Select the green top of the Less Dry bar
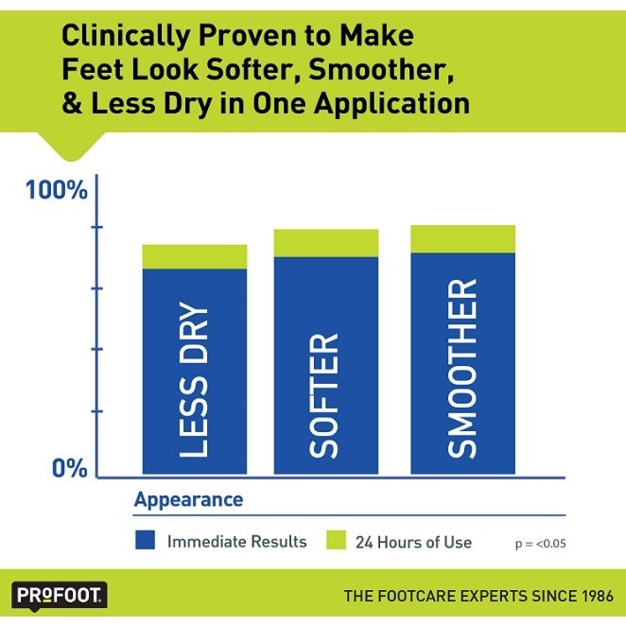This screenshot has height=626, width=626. click(194, 256)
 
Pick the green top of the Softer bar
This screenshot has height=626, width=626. click(325, 243)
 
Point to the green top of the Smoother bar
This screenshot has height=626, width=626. click(462, 239)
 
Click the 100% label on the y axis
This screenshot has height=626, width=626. click(55, 191)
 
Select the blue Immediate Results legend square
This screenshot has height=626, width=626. click(145, 541)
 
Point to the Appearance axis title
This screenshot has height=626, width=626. click(188, 499)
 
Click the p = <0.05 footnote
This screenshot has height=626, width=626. click(540, 544)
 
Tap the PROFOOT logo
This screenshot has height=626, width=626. click(60, 596)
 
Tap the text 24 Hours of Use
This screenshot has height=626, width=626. click(413, 542)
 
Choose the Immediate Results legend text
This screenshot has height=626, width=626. click(236, 542)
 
